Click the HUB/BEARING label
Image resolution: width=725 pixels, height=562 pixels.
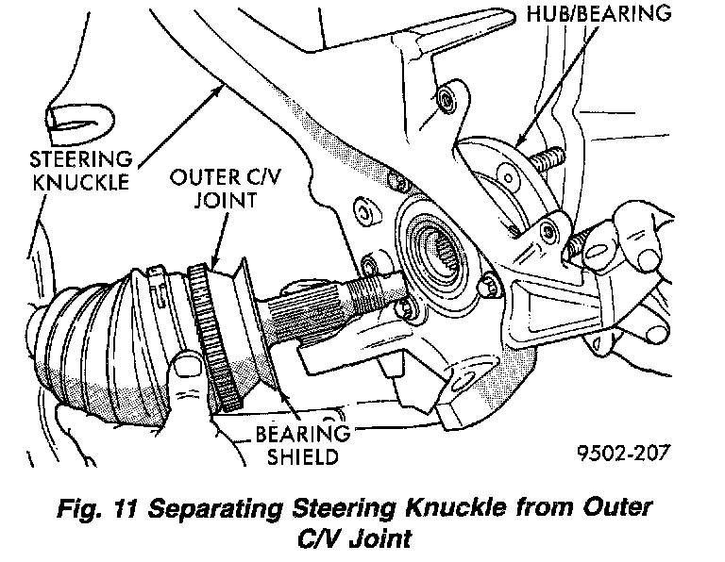tap(599, 13)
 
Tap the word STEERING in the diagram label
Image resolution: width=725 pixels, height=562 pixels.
tap(81, 159)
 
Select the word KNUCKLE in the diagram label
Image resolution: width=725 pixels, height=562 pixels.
tap(80, 182)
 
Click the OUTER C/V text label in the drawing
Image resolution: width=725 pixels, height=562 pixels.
tap(226, 177)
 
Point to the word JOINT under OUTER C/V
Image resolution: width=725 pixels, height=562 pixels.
tap(226, 201)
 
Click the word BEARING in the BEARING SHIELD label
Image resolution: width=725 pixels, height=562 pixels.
tap(302, 434)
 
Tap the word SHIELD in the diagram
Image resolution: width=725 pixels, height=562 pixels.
tap(303, 456)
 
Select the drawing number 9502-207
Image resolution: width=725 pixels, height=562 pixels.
tap(623, 453)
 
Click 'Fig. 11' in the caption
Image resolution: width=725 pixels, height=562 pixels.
tap(96, 509)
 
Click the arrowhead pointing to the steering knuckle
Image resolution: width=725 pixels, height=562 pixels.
tap(217, 91)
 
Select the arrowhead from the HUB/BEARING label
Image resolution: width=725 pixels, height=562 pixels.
tap(521, 140)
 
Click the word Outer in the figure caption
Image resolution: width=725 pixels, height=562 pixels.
tap(617, 508)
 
